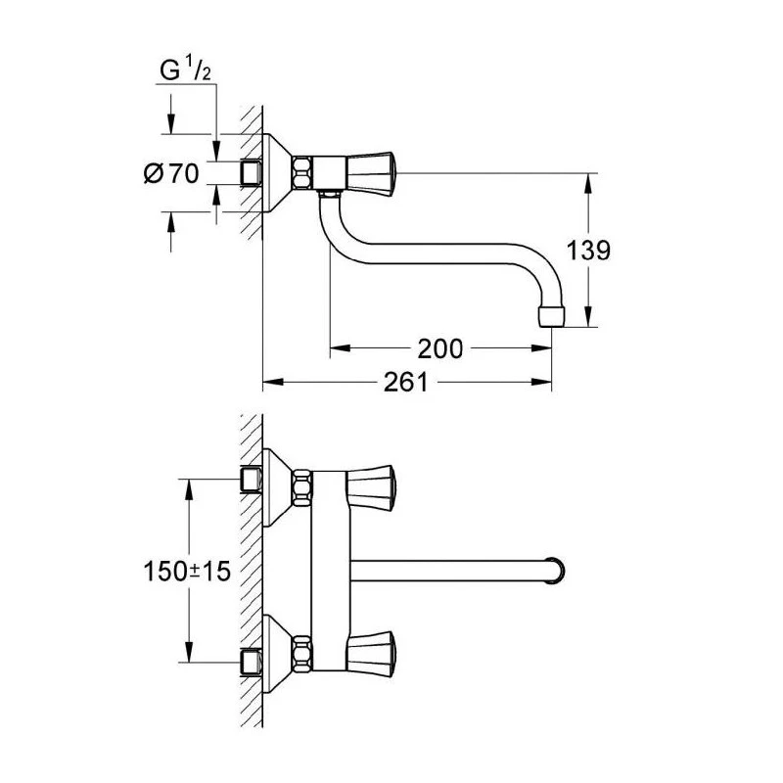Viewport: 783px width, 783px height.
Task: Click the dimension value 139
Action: point(587,251)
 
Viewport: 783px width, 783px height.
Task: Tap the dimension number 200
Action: point(439,347)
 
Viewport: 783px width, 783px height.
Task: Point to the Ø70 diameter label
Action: point(172,174)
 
